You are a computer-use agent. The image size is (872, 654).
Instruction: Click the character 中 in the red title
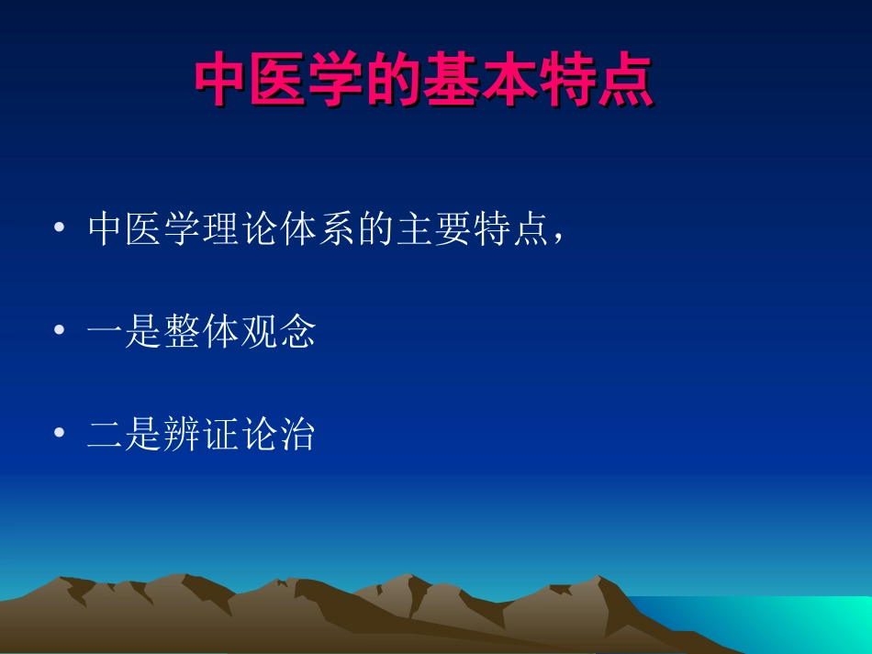[222, 83]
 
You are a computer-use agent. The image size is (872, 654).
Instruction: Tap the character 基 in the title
[452, 83]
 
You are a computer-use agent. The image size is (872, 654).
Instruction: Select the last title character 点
[623, 83]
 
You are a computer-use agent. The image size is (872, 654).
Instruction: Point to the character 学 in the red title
[337, 83]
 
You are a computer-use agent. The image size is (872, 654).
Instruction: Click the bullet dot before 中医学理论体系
[61, 229]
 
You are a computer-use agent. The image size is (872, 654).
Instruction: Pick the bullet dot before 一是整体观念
[61, 332]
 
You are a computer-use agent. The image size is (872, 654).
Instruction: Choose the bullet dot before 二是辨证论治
[61, 435]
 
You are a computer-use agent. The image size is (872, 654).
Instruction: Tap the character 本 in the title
[509, 83]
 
